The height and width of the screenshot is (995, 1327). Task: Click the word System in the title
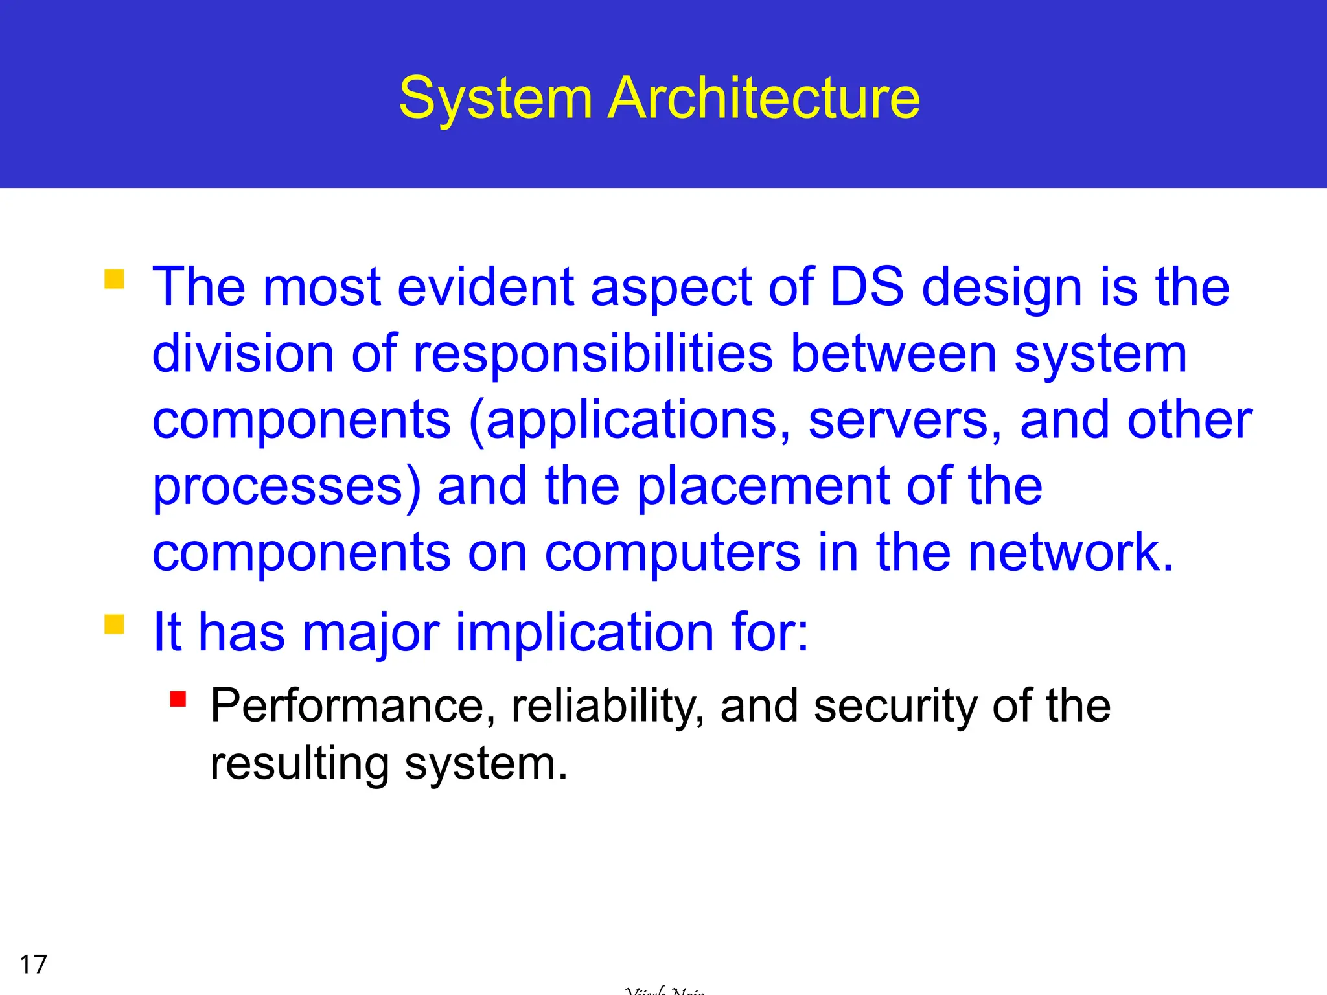click(x=496, y=98)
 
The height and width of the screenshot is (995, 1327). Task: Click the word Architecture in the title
click(x=765, y=98)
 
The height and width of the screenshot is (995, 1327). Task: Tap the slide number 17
click(x=34, y=965)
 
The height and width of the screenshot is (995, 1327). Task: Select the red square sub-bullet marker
click(x=178, y=700)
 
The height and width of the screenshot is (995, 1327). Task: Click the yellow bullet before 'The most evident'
click(x=114, y=279)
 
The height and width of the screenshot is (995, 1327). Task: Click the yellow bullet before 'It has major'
click(x=114, y=624)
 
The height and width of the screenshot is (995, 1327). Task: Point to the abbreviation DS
click(x=866, y=287)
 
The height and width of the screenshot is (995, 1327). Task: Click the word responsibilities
click(x=593, y=354)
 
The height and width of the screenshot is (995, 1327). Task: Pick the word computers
click(x=673, y=555)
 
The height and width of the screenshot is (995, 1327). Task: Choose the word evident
click(x=485, y=287)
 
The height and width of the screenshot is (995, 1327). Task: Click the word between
click(x=894, y=354)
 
